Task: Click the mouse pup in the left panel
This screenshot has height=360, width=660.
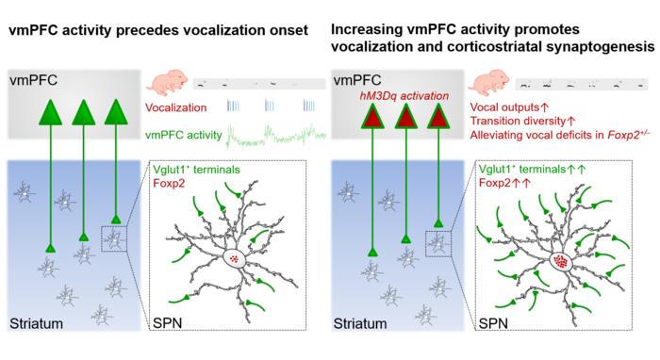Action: [x=166, y=82]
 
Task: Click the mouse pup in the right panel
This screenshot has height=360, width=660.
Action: [x=489, y=82]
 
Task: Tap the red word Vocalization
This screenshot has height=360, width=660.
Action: [x=176, y=107]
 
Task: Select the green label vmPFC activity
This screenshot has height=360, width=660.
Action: [x=184, y=135]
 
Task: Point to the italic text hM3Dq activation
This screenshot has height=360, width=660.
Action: [x=404, y=96]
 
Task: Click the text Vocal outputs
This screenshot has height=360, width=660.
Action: [x=504, y=107]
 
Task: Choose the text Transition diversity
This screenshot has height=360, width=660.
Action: [x=518, y=122]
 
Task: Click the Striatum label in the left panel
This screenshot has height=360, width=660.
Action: [x=36, y=323]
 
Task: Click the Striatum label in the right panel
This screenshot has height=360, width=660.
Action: [x=360, y=323]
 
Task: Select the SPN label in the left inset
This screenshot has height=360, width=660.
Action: [x=168, y=323]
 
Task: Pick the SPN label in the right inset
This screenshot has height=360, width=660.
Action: [x=493, y=323]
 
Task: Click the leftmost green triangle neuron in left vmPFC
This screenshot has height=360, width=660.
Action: [x=51, y=113]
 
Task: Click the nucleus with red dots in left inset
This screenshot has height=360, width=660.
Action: [x=235, y=258]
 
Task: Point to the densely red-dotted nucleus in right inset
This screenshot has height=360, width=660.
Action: [x=561, y=262]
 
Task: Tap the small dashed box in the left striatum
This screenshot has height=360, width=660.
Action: [x=114, y=238]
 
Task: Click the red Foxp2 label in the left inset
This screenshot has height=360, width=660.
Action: [x=169, y=184]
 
